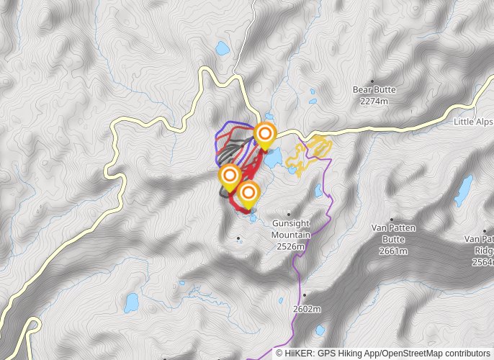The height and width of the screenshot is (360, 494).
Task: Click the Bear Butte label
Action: click(x=374, y=90)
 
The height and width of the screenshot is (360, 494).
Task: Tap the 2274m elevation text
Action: click(x=374, y=102)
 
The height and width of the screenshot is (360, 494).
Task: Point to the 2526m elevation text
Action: click(x=290, y=246)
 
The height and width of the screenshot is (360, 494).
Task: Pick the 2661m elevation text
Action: click(x=394, y=251)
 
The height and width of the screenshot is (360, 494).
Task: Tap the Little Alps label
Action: click(x=473, y=122)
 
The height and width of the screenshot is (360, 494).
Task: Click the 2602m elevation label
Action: click(x=306, y=309)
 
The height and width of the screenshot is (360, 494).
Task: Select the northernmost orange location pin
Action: click(x=265, y=134)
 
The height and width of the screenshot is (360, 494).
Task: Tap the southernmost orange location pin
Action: click(x=248, y=193)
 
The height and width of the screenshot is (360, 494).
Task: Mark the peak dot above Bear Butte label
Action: click(x=372, y=81)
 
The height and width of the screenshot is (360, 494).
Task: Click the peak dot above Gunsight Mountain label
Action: click(x=289, y=214)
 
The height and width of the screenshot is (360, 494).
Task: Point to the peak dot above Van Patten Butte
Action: click(x=392, y=220)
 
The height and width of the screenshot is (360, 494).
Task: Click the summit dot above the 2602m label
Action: click(x=305, y=294)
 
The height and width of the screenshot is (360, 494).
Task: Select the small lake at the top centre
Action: click(x=222, y=50)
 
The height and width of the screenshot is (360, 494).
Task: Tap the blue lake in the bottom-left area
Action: click(x=131, y=303)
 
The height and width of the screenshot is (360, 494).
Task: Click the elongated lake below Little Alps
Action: click(x=464, y=190)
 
